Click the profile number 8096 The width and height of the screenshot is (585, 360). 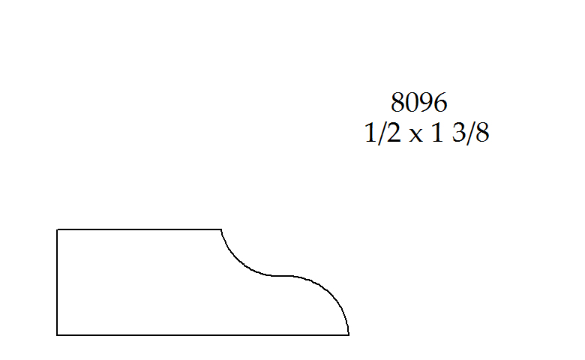pos(418,102)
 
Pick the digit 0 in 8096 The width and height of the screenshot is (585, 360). pos(412,102)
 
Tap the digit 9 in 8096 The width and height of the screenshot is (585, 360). pos(426,102)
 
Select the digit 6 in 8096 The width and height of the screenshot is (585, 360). pos(439,102)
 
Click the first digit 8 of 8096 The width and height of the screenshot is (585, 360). pos(398,102)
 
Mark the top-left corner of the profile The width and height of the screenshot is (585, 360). pos(58,229)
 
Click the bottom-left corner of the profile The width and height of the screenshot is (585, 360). pos(58,334)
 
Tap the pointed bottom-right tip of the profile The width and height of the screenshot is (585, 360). pos(349,334)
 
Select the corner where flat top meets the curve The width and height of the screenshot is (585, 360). pos(221,229)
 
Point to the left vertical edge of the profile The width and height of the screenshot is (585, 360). pos(58,282)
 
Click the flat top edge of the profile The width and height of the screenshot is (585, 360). pos(139,229)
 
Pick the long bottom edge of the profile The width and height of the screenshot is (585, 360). pos(202,334)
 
